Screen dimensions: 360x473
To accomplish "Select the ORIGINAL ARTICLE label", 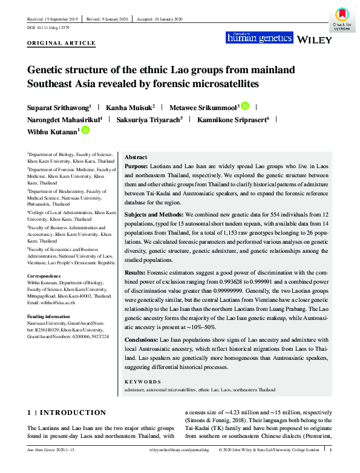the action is [x=61, y=44].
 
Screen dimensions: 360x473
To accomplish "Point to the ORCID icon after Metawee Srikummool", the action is [x=244, y=106].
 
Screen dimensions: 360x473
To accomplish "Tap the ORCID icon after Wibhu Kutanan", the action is [x=85, y=131].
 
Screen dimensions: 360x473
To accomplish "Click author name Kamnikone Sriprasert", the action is [x=232, y=119].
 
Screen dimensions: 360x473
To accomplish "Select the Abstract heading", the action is [x=136, y=156].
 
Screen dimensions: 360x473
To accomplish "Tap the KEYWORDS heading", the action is [x=143, y=382].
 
